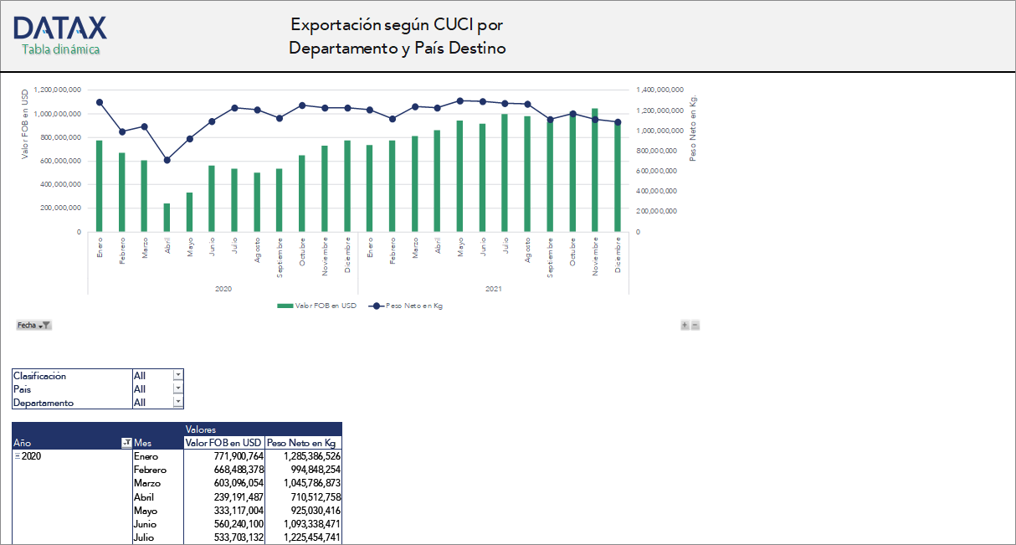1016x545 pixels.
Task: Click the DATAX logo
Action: click(x=60, y=28)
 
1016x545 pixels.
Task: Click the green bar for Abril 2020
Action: click(x=167, y=218)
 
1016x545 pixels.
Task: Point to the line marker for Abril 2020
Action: click(x=167, y=160)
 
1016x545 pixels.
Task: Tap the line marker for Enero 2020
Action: click(x=100, y=102)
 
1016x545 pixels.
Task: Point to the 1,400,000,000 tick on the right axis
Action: click(x=660, y=90)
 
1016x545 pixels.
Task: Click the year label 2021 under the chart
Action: click(x=494, y=289)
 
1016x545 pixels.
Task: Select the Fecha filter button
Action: click(x=34, y=325)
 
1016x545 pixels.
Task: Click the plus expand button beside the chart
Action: click(x=685, y=325)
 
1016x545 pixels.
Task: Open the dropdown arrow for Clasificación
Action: click(x=178, y=376)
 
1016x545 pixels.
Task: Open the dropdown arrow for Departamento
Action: click(x=178, y=403)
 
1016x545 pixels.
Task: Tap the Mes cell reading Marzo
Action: click(x=146, y=484)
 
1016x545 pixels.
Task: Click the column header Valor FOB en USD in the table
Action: click(x=223, y=443)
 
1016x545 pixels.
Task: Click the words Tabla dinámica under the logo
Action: click(x=60, y=50)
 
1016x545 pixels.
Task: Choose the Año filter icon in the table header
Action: click(x=126, y=443)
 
